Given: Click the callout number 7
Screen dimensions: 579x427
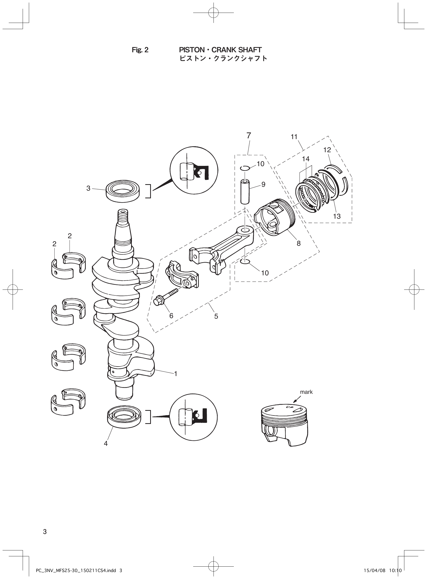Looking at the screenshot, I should [x=249, y=135].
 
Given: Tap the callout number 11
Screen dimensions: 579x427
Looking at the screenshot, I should [x=294, y=137].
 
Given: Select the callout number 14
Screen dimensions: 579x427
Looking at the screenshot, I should [x=306, y=158].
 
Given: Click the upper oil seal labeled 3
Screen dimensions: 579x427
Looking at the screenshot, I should [x=123, y=191].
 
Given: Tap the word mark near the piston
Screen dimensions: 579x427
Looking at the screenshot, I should [x=306, y=392].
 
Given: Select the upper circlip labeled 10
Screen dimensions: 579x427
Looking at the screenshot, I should [x=244, y=168].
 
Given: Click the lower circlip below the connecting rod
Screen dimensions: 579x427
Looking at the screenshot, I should [x=245, y=262].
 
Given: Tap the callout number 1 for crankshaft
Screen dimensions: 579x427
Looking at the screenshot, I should [x=175, y=374].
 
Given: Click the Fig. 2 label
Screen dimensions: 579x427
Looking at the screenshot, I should [x=140, y=50].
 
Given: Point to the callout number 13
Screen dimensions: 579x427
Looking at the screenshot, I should [x=337, y=216].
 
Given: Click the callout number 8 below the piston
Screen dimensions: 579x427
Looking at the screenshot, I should [x=298, y=243].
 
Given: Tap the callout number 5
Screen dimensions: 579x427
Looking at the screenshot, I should [x=216, y=316].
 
